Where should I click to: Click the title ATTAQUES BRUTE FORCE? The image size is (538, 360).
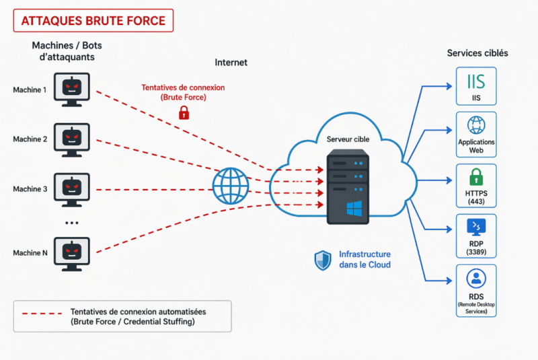[93, 20]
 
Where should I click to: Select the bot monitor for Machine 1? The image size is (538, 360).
[71, 89]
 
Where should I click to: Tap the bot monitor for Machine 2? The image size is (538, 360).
[71, 139]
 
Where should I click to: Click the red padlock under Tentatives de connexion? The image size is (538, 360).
[183, 113]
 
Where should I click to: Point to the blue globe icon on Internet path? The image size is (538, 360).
[231, 185]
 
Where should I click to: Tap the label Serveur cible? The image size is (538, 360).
[348, 139]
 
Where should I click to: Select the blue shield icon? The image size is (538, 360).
[323, 260]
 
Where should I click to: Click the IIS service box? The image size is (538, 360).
[476, 86]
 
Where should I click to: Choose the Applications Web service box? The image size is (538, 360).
[476, 134]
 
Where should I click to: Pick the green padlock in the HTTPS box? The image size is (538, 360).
[476, 177]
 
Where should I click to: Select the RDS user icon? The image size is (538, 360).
[476, 279]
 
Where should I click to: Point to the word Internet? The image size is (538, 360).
[231, 63]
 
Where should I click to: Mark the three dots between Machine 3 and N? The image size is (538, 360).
[71, 222]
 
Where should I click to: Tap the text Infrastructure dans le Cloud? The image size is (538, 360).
[364, 260]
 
